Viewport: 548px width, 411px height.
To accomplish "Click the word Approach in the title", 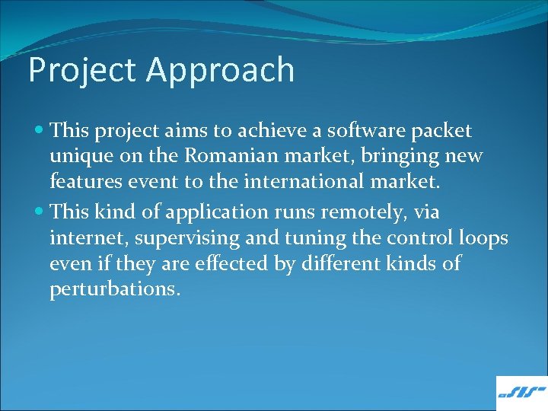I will [x=221, y=70].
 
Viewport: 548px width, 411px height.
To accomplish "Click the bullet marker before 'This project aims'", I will [x=40, y=131].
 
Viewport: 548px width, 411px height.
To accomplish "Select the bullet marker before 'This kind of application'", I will [x=40, y=211].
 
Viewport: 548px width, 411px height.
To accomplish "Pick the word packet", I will [x=444, y=131].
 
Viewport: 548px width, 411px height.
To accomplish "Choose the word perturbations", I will [x=115, y=290].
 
